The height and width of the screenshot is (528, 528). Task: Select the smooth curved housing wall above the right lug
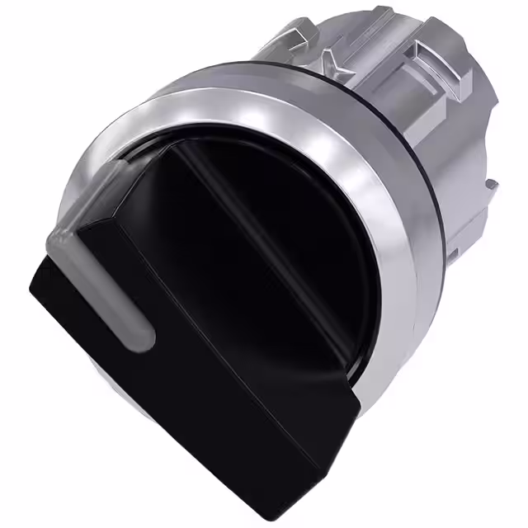click(483, 115)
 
